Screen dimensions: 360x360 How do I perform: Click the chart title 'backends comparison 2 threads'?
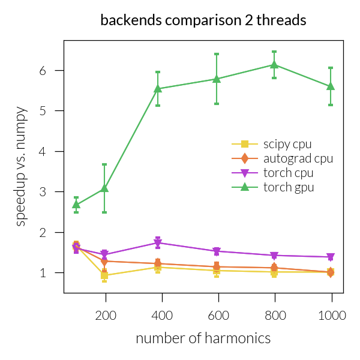(203, 20)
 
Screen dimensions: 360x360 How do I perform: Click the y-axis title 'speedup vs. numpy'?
(21, 166)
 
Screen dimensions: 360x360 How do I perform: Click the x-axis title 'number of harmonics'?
(203, 338)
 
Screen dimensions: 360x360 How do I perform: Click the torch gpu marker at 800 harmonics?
(274, 65)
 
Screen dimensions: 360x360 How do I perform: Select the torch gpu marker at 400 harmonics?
(158, 89)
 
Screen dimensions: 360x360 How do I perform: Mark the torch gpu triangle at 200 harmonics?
(104, 188)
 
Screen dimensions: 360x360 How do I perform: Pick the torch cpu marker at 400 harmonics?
(158, 243)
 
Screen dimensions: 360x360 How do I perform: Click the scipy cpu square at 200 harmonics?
(104, 275)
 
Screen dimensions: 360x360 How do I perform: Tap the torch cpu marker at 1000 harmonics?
(331, 257)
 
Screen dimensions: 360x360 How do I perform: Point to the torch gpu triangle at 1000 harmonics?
(331, 86)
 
